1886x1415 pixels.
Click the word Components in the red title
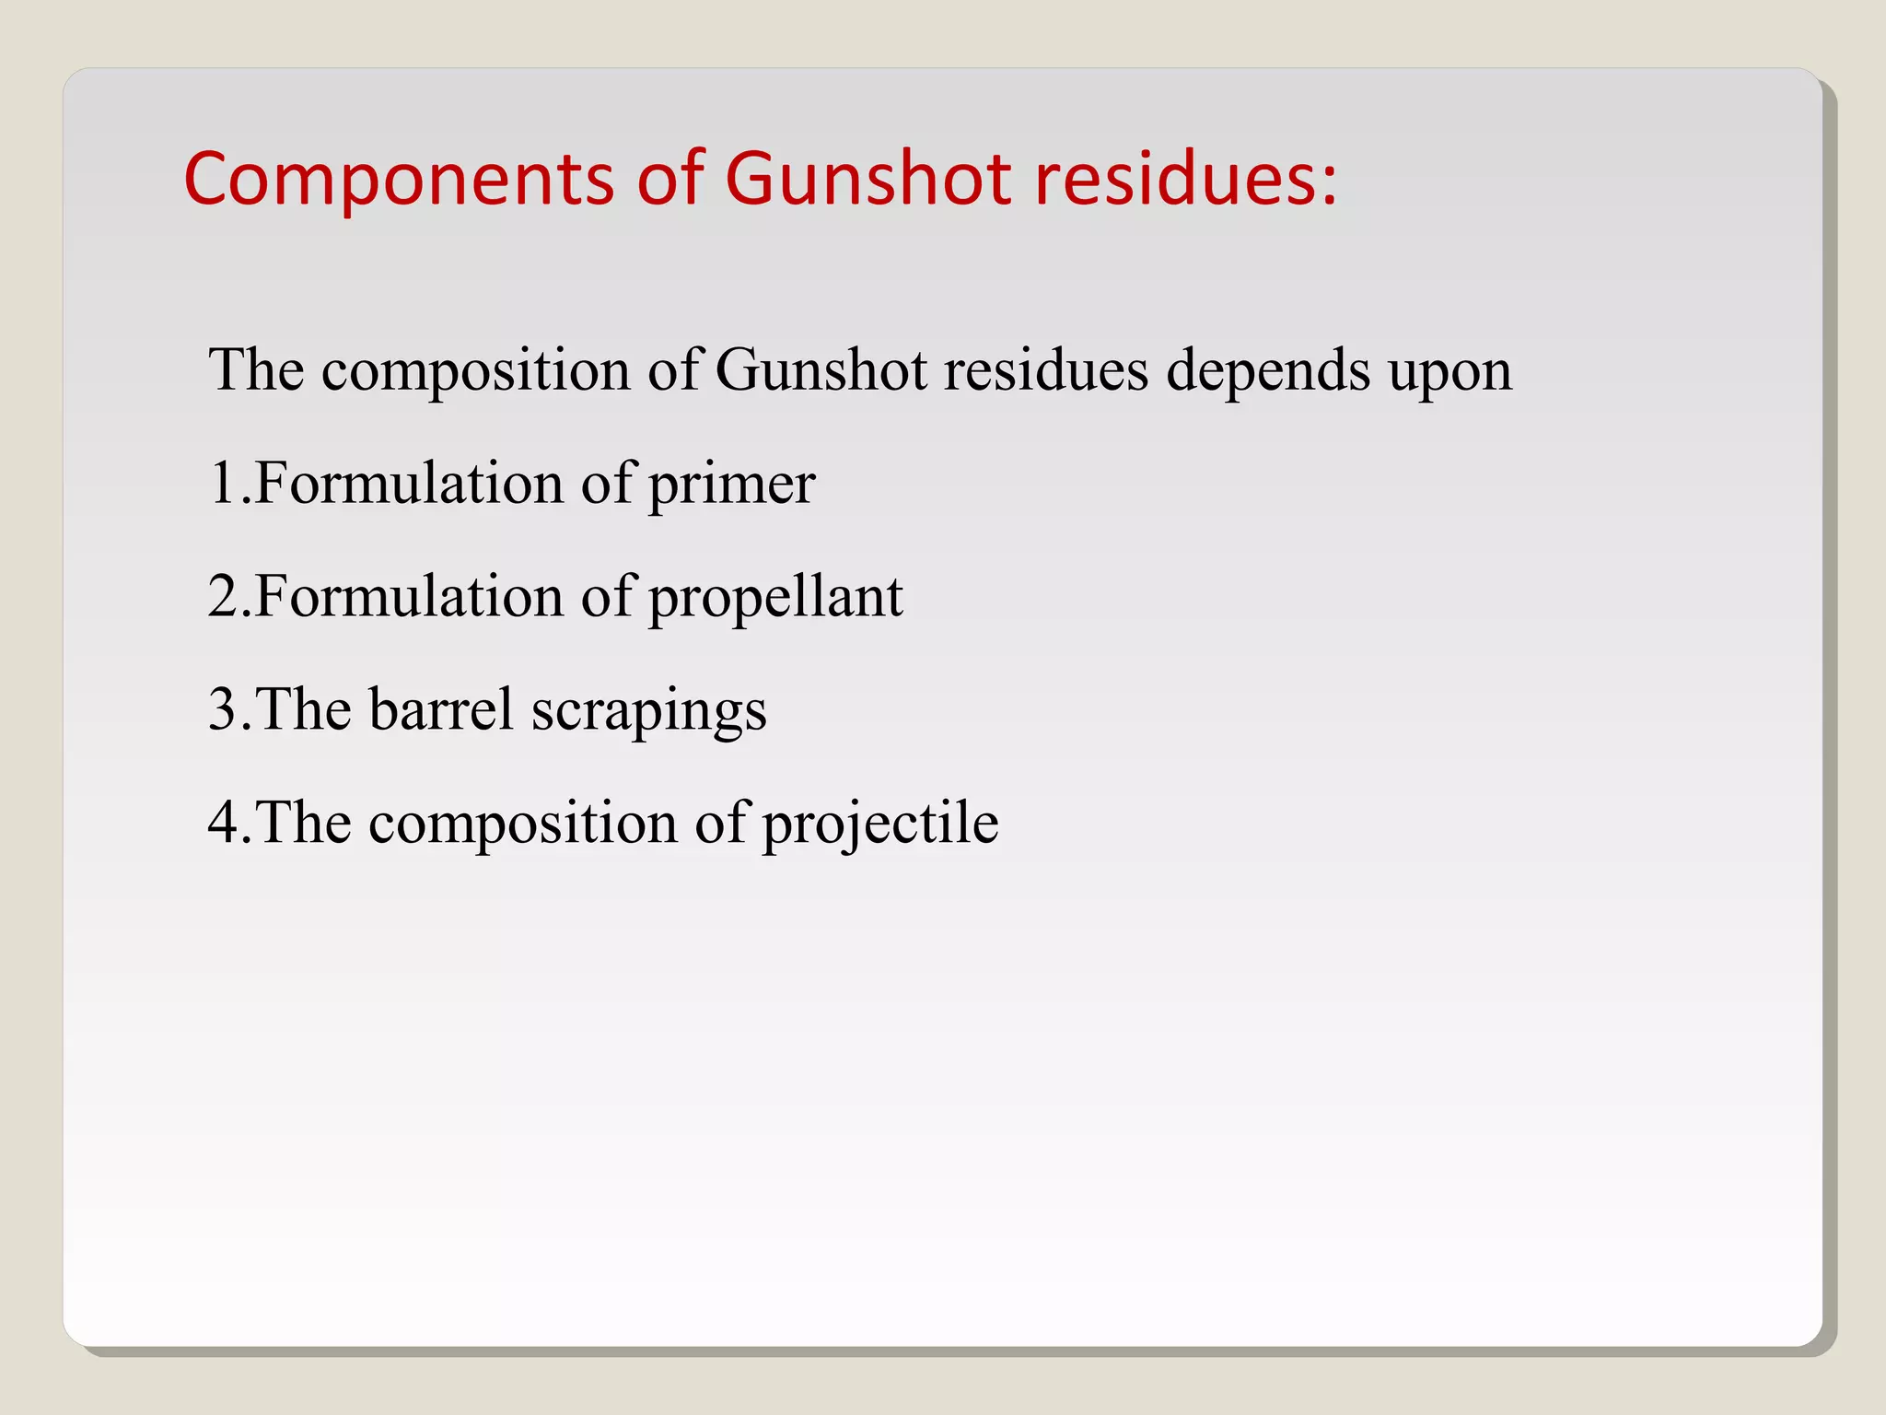[399, 179]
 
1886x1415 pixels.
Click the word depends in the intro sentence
[1268, 372]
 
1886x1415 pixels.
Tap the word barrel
[441, 709]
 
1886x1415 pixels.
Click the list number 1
[224, 483]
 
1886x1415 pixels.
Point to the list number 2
[224, 596]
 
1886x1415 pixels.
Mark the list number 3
[224, 709]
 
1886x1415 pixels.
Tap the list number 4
[224, 823]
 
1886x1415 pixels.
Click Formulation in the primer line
[408, 483]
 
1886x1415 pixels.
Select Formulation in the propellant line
[408, 596]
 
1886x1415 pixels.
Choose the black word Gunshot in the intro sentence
[821, 370]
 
